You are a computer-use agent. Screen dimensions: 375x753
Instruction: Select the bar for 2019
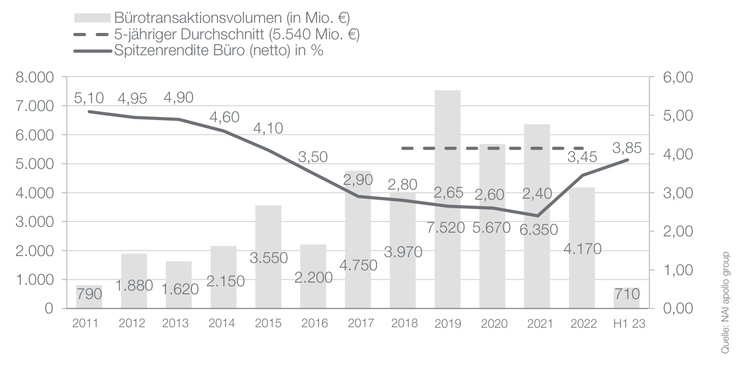pyautogui.click(x=447, y=159)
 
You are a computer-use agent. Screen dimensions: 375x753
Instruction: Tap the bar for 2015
pyautogui.click(x=268, y=234)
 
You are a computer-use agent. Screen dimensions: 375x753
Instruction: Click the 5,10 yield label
pyautogui.click(x=89, y=98)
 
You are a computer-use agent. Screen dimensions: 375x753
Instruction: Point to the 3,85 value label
pyautogui.click(x=627, y=147)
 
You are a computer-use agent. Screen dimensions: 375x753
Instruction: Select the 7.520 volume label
pyautogui.click(x=447, y=228)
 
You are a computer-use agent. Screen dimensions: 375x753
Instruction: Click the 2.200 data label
pyautogui.click(x=313, y=277)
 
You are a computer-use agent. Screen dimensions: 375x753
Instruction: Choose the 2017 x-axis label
pyautogui.click(x=357, y=323)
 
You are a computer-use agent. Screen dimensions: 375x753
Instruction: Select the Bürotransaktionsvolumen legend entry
pyautogui.click(x=232, y=18)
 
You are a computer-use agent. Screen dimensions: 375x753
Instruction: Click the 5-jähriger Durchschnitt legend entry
pyautogui.click(x=237, y=35)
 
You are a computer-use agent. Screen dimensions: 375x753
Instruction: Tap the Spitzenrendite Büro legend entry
pyautogui.click(x=219, y=51)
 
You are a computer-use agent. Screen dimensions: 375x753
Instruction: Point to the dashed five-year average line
pyautogui.click(x=492, y=148)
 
